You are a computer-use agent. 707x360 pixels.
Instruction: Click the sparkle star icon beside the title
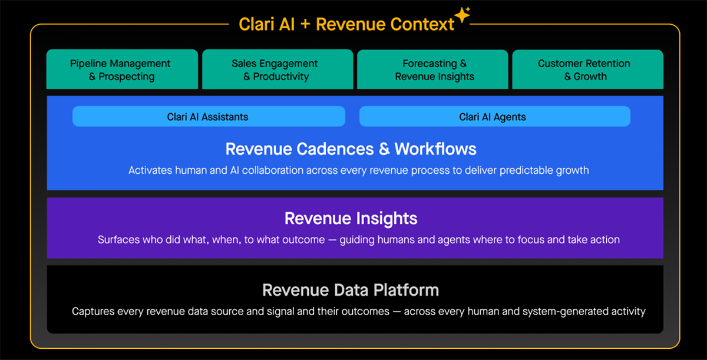click(x=462, y=15)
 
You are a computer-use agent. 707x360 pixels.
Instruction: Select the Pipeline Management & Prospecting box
click(x=123, y=70)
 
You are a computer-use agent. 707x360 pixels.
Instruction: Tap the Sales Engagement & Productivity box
click(x=277, y=70)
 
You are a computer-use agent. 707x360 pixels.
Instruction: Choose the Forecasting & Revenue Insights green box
click(x=432, y=70)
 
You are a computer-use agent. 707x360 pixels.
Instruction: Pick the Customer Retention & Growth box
click(x=587, y=70)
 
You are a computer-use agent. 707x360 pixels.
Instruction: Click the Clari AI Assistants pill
click(x=209, y=117)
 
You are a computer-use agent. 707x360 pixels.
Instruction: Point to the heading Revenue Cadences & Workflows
click(x=351, y=148)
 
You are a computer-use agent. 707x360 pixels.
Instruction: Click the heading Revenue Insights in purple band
click(x=351, y=219)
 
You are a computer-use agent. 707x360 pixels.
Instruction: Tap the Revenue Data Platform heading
click(x=351, y=290)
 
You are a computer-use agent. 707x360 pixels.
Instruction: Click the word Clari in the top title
click(x=255, y=24)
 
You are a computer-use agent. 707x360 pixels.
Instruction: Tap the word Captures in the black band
click(x=92, y=311)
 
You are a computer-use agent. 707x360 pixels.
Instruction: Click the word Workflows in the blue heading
click(x=436, y=148)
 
